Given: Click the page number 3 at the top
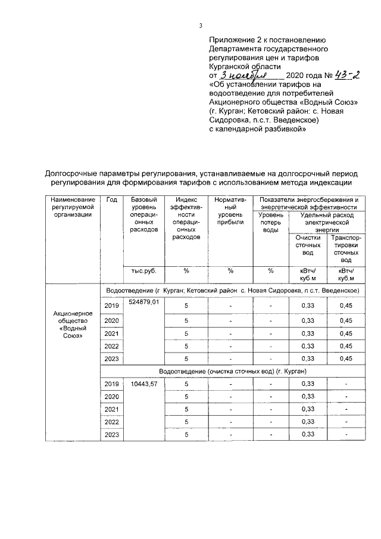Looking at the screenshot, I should [x=201, y=25].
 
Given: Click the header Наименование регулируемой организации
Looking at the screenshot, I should [x=73, y=207].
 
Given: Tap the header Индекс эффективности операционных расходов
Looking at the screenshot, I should [x=186, y=218].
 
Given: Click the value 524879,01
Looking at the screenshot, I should [x=144, y=304].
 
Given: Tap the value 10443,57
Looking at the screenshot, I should [x=144, y=384].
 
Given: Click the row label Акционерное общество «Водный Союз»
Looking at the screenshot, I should [x=73, y=325].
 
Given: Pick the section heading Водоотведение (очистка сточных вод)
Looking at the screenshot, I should [x=232, y=371].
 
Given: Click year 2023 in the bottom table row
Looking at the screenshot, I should [x=111, y=435].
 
